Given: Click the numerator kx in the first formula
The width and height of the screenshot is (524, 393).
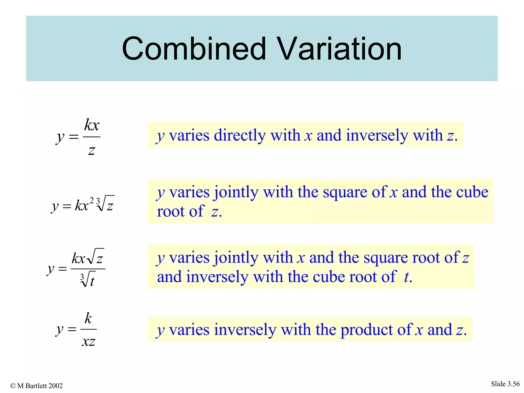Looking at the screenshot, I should (92, 125).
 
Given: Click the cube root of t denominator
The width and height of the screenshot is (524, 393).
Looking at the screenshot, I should (88, 280).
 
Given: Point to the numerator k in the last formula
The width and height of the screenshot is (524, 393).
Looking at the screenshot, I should (88, 319).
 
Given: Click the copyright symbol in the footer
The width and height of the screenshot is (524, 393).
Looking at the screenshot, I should (13, 386).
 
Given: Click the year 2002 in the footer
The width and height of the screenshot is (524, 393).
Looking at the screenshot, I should (56, 386).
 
